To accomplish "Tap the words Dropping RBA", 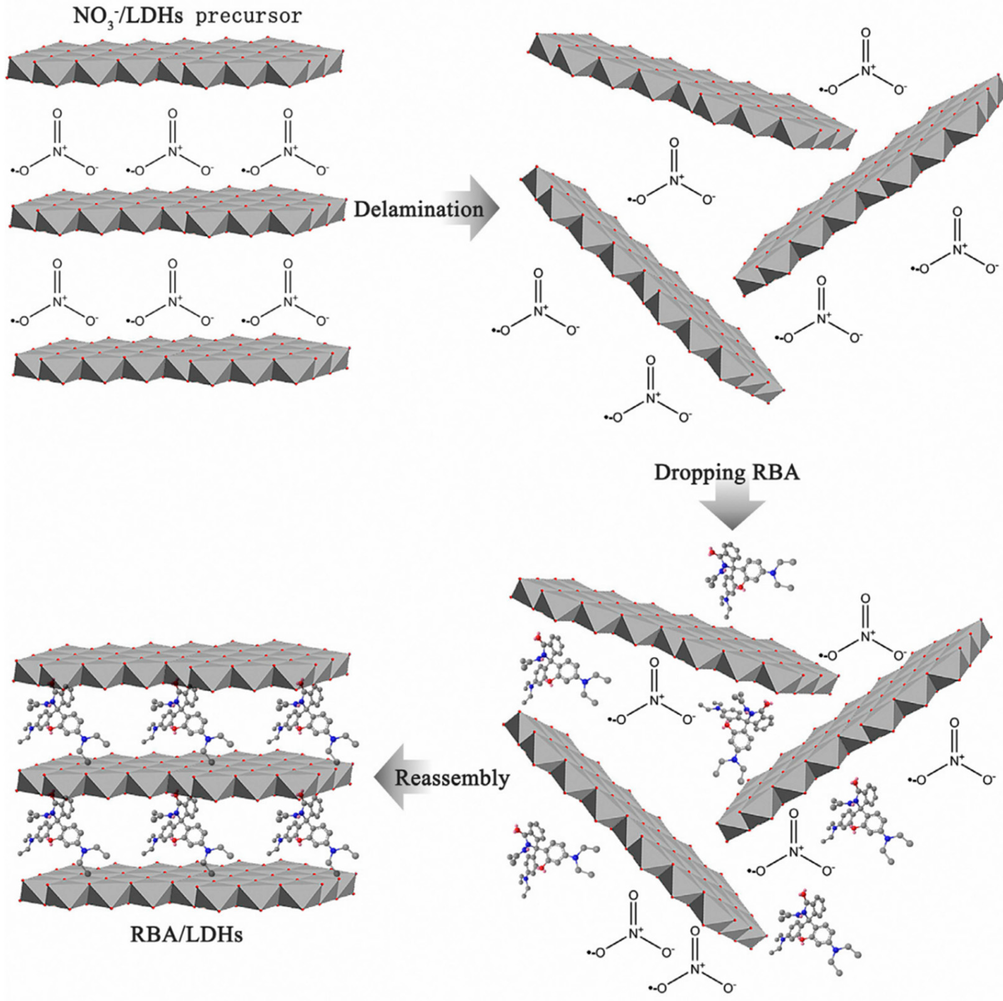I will point(727,473).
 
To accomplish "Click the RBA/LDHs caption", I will point(187,934).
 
